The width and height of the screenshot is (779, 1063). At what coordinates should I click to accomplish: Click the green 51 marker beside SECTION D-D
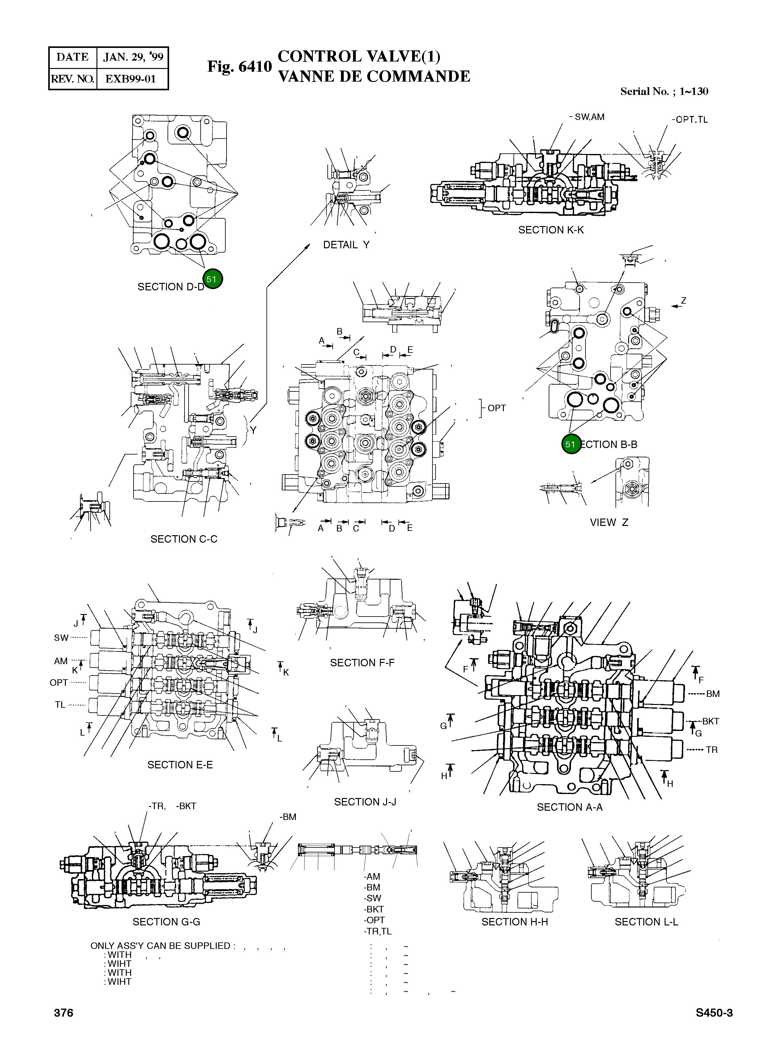212,279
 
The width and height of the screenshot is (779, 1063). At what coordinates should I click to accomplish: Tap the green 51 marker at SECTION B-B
571,444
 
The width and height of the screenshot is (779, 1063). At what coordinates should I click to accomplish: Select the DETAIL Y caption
346,245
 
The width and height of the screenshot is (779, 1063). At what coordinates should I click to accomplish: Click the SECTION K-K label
551,230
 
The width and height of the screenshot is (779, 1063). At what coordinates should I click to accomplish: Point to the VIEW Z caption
609,523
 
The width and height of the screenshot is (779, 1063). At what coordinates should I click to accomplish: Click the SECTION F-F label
362,663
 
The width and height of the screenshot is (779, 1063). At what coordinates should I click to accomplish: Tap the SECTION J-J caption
365,802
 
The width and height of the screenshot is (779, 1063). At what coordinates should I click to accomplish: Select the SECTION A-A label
570,807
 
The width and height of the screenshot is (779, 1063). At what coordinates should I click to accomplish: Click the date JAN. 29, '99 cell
133,58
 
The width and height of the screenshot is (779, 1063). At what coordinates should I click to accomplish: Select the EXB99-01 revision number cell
131,79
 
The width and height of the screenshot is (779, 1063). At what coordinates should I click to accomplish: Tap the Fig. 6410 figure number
240,66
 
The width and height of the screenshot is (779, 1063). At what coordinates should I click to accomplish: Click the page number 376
64,1013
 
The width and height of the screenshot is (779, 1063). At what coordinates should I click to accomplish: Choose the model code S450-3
714,1013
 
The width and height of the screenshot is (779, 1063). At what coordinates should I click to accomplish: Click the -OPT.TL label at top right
689,120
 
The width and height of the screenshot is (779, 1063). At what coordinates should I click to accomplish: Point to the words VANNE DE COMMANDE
374,76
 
